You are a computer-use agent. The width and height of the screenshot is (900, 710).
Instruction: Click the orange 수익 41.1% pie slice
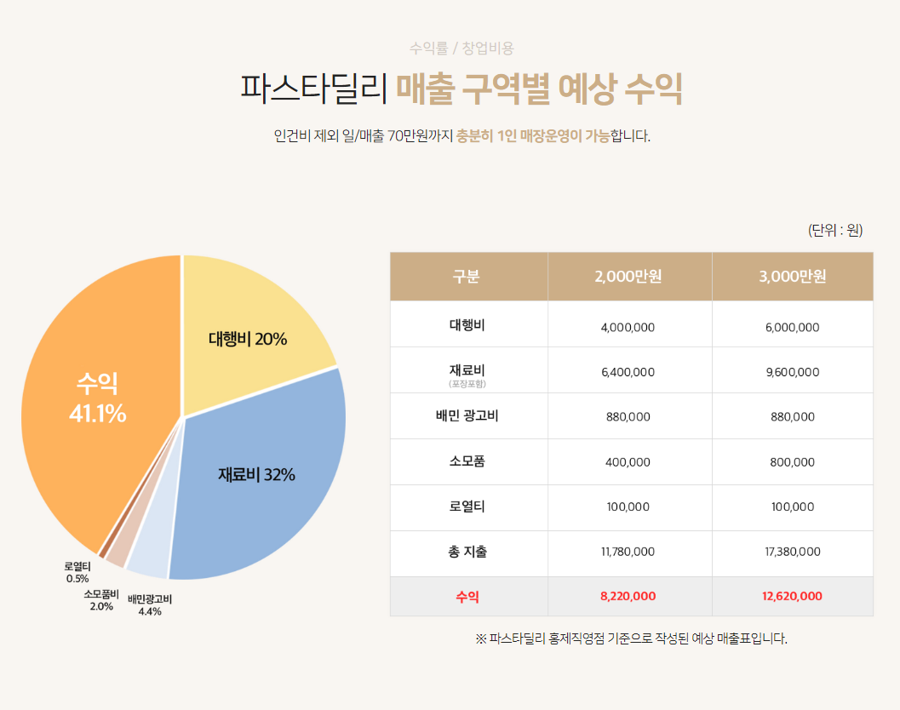pyautogui.click(x=94, y=400)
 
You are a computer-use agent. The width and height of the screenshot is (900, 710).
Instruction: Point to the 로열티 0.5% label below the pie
pyautogui.click(x=77, y=572)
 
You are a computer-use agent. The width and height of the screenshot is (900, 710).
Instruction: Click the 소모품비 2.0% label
pyautogui.click(x=101, y=600)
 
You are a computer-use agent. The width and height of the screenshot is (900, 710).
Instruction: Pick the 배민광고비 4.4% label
pyautogui.click(x=150, y=605)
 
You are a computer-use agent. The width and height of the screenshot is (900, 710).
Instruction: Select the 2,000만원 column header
pyautogui.click(x=629, y=277)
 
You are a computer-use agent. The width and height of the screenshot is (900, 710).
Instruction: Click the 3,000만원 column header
pyautogui.click(x=792, y=277)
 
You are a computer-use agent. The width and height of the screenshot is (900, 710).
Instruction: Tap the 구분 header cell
pyautogui.click(x=467, y=277)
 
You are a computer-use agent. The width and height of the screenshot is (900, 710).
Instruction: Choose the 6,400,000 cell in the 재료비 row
pyautogui.click(x=629, y=372)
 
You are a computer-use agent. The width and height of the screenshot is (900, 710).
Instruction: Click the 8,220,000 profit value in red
pyautogui.click(x=629, y=596)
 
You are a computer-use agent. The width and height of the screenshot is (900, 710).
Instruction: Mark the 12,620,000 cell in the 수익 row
pyautogui.click(x=792, y=596)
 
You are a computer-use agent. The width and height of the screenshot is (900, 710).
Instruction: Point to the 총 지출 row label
pyautogui.click(x=467, y=552)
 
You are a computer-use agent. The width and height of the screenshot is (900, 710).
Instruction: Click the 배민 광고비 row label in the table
pyautogui.click(x=467, y=416)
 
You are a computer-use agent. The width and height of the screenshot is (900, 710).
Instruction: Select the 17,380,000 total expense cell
pyautogui.click(x=792, y=552)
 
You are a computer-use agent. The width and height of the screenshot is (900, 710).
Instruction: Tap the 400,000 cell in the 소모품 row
pyautogui.click(x=629, y=462)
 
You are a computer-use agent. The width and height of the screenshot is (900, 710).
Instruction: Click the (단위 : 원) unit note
pyautogui.click(x=835, y=230)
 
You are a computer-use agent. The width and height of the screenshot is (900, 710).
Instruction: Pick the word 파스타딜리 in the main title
pyautogui.click(x=314, y=89)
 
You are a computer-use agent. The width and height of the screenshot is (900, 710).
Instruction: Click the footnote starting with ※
pyautogui.click(x=631, y=638)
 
